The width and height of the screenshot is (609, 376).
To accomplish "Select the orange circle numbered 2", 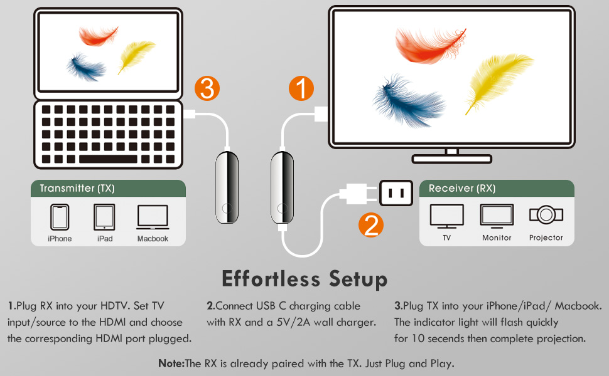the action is coord(371,225).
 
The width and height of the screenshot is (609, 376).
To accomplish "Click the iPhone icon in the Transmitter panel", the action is coord(60,217).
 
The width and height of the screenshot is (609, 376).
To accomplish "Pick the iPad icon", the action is coord(104,217).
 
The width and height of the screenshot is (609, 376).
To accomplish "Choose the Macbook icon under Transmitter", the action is coord(153,217).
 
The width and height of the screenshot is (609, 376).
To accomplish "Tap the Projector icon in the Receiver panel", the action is coord(546,214).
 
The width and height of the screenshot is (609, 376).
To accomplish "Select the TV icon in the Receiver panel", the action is coord(446,216).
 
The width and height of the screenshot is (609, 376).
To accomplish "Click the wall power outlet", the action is coord(396,192).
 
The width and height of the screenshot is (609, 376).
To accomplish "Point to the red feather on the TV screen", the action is coord(430,44).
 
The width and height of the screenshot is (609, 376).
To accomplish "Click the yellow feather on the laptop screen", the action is coord(136,56).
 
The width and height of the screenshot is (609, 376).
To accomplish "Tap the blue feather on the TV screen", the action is coord(408,101).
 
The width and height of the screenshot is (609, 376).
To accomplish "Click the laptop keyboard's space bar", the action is coord(108,159).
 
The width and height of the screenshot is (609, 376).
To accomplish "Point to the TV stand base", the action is coord(451,159).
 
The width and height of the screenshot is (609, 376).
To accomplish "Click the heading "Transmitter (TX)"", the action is coord(77,189).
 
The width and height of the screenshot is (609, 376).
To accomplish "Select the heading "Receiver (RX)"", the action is coord(462,189).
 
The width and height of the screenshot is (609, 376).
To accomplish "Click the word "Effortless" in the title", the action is coord(271,278).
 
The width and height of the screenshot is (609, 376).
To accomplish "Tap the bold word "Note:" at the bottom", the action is coord(171,363).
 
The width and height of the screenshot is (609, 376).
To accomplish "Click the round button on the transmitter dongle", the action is coord(227,209).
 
